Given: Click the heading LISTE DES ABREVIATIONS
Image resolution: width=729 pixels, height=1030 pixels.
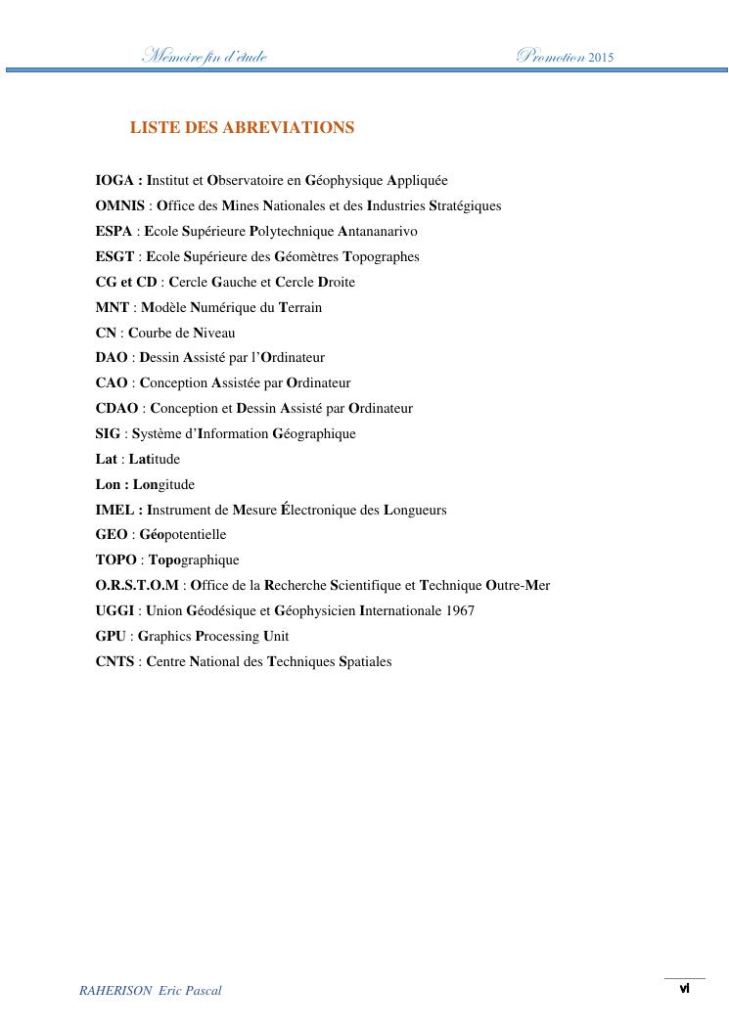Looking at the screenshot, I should [242, 128].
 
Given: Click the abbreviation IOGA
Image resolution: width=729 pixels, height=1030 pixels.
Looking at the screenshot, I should [115, 181].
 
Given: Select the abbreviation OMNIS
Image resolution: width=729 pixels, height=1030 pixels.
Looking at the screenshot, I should [120, 206].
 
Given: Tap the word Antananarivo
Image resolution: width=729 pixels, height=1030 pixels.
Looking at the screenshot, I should [378, 232].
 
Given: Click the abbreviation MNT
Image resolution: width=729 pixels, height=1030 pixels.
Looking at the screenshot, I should [113, 308].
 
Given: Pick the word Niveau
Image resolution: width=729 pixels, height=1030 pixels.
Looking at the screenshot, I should [214, 334].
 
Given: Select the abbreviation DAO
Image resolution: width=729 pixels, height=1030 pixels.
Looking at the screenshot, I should [112, 358].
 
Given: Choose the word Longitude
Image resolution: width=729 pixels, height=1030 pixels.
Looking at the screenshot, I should [163, 485].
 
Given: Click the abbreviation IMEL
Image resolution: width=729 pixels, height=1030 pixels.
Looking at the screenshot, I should [115, 511].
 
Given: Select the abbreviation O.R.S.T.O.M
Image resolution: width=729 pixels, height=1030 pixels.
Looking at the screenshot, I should [137, 586].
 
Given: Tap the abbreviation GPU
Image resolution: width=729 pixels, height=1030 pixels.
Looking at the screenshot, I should [111, 637].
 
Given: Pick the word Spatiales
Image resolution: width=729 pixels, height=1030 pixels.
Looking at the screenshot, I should [365, 662].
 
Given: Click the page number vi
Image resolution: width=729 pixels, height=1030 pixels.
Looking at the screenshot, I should [685, 989].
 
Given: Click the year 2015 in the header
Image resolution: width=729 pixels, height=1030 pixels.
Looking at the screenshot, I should [602, 58].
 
